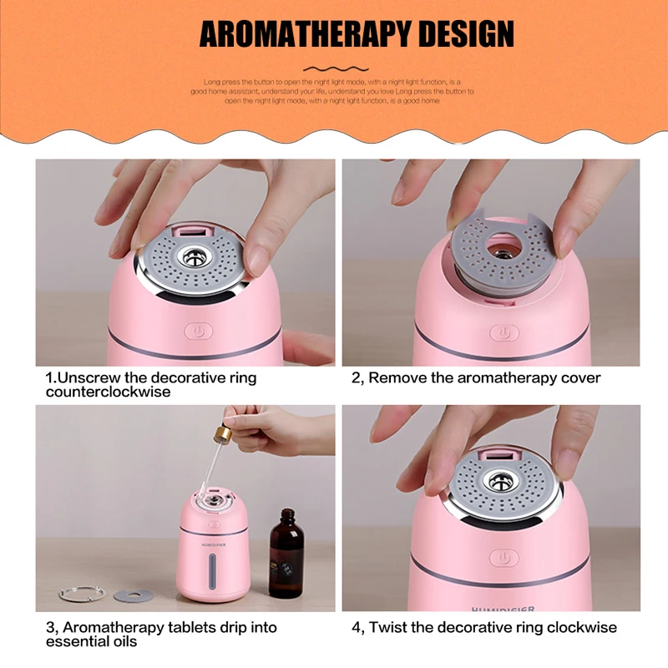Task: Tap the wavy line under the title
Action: [335, 68]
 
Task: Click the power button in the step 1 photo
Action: [198, 331]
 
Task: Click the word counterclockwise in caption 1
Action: [109, 392]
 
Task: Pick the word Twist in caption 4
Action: [389, 627]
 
